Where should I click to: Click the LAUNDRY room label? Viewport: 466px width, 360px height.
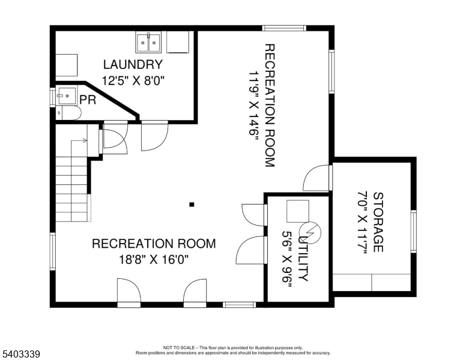(x=133, y=64)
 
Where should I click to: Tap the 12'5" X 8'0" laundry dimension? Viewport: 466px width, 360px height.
(x=133, y=80)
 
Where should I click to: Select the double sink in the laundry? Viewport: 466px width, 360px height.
(x=148, y=43)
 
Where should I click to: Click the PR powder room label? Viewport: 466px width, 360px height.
(x=88, y=100)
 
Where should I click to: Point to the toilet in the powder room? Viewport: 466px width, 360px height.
(x=68, y=113)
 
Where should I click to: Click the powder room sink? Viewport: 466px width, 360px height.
(x=67, y=95)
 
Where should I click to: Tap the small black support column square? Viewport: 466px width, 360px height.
(x=192, y=205)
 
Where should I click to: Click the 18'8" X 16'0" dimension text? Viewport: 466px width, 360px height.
(x=154, y=260)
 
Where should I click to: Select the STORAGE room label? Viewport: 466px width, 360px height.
(x=378, y=222)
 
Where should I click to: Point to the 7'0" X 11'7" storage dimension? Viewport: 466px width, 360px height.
(x=362, y=222)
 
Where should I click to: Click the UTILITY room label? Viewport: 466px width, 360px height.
(x=303, y=255)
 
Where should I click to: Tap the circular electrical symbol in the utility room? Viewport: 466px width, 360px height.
(x=310, y=232)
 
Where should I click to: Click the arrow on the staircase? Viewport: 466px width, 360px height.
(x=79, y=140)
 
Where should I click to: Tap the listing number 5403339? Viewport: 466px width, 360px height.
(x=21, y=354)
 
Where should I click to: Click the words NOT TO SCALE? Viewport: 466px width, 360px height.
(x=179, y=347)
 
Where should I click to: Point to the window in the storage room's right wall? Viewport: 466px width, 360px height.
(x=413, y=231)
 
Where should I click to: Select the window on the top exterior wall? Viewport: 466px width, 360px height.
(x=284, y=28)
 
